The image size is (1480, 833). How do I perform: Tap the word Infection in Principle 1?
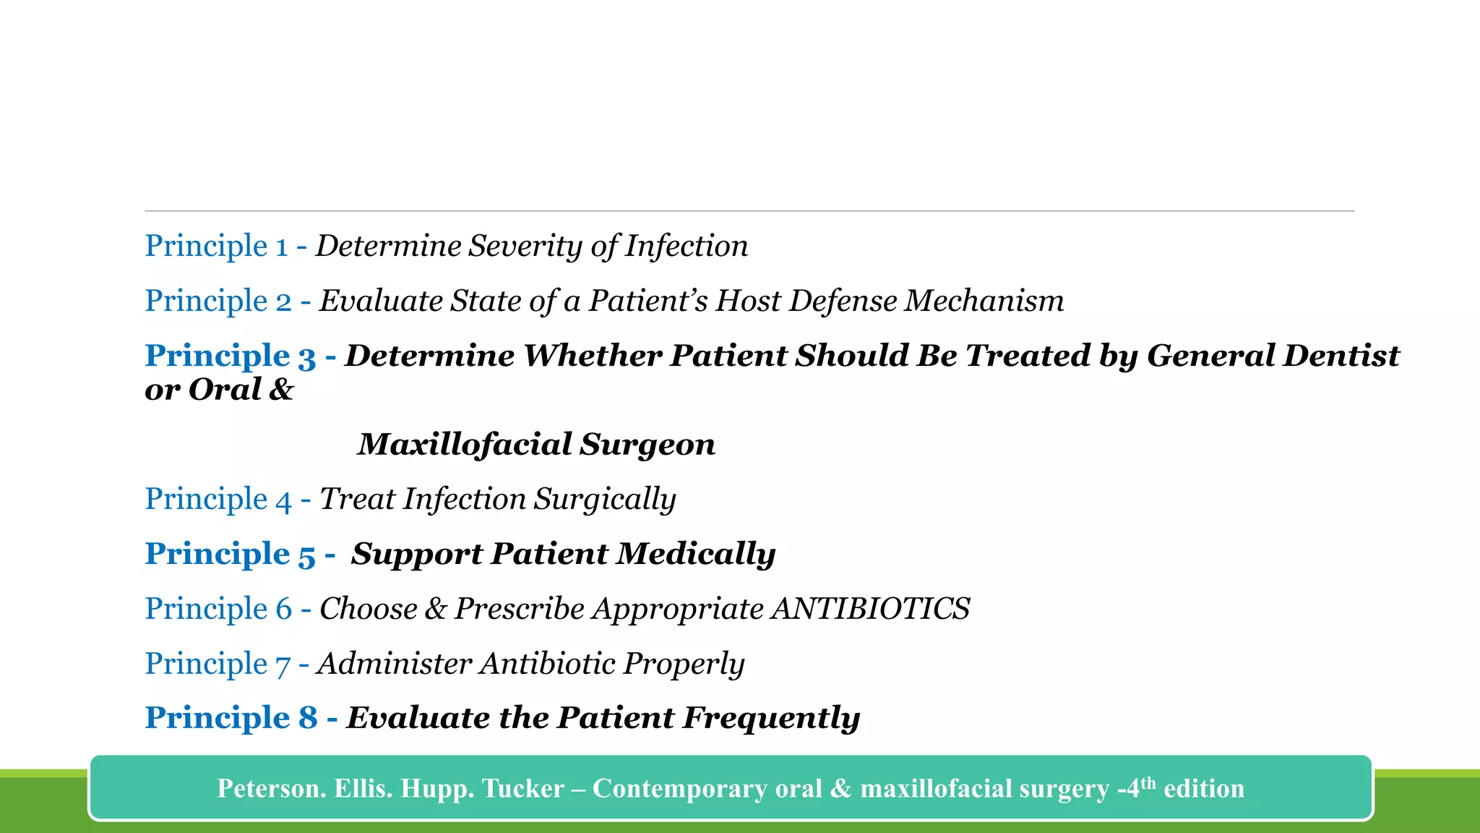click(686, 246)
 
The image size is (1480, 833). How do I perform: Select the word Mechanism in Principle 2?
click(984, 301)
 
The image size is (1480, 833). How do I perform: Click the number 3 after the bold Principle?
click(306, 356)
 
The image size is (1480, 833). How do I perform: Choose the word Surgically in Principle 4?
click(605, 500)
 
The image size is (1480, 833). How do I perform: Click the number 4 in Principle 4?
click(283, 500)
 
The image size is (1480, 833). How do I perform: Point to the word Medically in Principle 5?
click(696, 554)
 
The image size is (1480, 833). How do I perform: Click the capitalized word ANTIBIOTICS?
click(870, 609)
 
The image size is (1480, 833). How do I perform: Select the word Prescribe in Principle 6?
click(519, 609)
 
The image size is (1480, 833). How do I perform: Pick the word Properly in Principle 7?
click(684, 664)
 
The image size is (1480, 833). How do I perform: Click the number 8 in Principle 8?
click(308, 718)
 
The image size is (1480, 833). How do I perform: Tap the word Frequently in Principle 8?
click(771, 718)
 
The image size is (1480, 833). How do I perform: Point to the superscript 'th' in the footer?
click(1148, 782)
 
